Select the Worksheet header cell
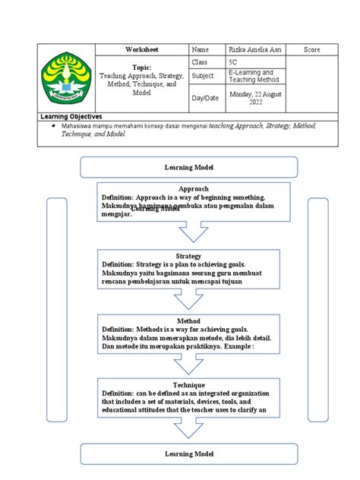point(141,49)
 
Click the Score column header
point(311,49)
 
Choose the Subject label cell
point(204,76)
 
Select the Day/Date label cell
point(205,97)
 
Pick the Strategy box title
point(188,256)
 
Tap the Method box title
point(188,321)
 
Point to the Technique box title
point(189,385)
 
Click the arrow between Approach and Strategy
point(189,231)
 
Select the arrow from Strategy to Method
point(189,300)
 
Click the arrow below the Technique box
point(189,429)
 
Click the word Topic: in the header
point(141,68)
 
